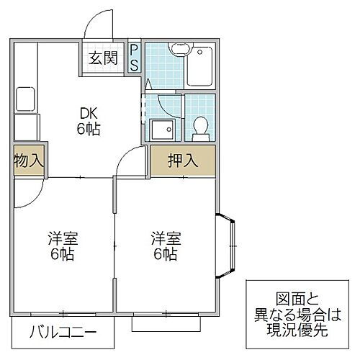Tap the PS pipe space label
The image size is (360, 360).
click(x=135, y=57)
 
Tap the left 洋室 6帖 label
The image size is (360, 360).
click(x=62, y=246)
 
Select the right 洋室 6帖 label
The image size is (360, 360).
click(x=164, y=246)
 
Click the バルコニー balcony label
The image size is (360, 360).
click(x=63, y=334)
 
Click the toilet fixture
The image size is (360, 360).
click(x=199, y=128)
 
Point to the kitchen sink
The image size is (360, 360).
click(x=26, y=98)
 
